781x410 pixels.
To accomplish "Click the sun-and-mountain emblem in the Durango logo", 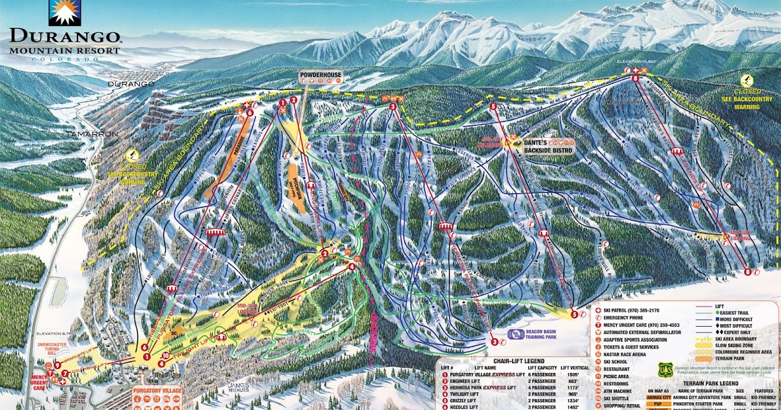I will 63,12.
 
